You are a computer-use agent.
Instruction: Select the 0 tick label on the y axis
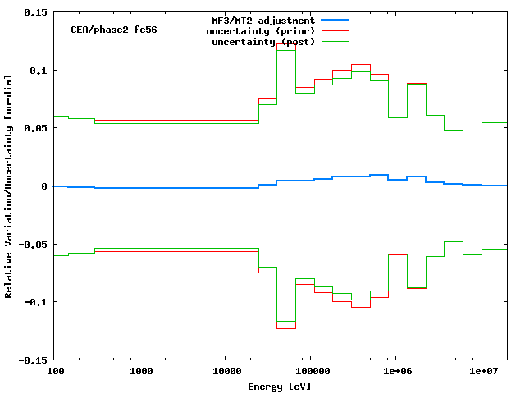(x=44, y=186)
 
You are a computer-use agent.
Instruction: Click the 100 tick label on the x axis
(x=54, y=373)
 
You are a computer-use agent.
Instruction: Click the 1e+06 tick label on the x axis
(x=396, y=373)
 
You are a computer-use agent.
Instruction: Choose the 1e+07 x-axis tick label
(x=482, y=373)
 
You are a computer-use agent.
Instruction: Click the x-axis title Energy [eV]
(x=280, y=386)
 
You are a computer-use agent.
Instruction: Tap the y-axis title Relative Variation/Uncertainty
(x=9, y=186)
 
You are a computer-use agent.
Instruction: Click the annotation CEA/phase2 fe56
(x=114, y=29)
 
